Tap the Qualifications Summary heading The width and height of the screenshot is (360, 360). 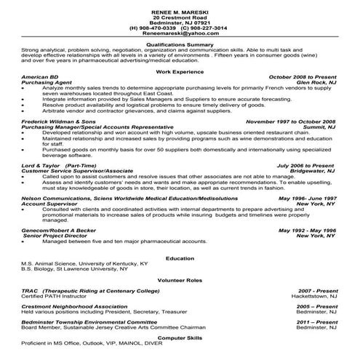pos(179,44)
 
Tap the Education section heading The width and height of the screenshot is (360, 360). pos(179,257)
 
